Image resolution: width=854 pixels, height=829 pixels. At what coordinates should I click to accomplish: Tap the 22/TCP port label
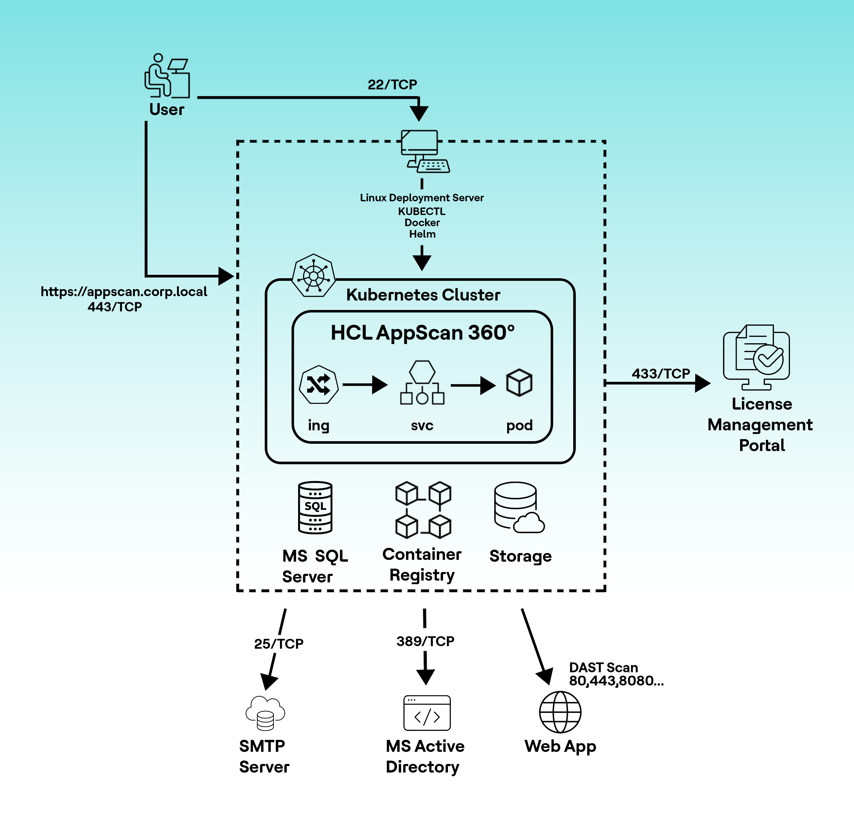pos(392,85)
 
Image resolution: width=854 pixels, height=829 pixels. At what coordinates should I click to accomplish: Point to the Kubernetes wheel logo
pos(313,276)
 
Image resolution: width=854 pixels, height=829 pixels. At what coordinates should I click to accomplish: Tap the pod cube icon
pos(519,382)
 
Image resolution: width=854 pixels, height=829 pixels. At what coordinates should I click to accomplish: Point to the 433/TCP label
pos(660,374)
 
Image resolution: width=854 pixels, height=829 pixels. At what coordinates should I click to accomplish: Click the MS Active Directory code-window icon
pos(426,713)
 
